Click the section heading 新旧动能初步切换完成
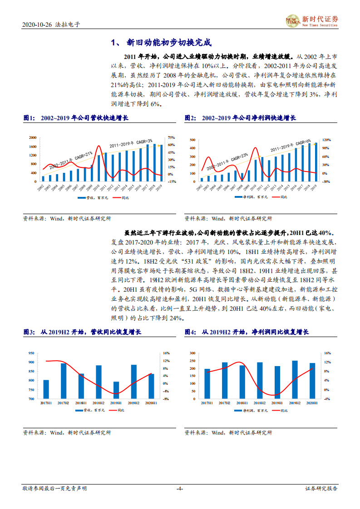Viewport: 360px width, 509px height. pyautogui.click(x=161, y=43)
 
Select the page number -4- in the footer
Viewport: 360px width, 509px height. pyautogui.click(x=179, y=489)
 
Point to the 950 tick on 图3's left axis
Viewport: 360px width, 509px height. pyautogui.click(x=31, y=353)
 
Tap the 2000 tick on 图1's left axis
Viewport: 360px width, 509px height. pyautogui.click(x=32, y=137)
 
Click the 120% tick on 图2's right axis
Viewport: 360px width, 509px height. pyautogui.click(x=326, y=140)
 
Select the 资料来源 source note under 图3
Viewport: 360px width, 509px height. pyautogui.click(x=67, y=433)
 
